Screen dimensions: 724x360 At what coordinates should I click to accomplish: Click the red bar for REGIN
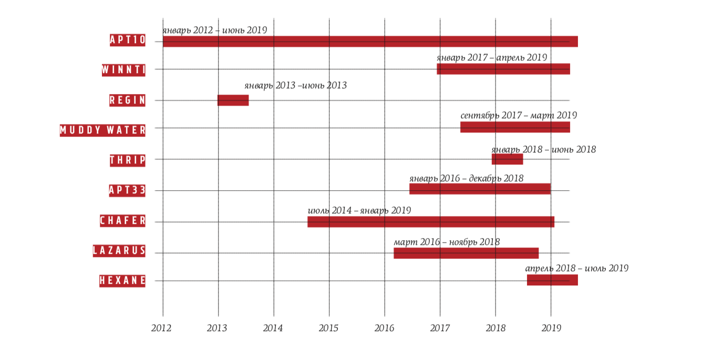click(x=233, y=100)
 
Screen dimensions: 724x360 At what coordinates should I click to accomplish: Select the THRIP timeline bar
click(x=508, y=159)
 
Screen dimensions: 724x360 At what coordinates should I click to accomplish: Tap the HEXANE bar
click(x=552, y=280)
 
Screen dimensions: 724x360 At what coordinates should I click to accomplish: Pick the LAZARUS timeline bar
click(x=466, y=253)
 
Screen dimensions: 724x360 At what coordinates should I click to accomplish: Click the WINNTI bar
click(x=503, y=69)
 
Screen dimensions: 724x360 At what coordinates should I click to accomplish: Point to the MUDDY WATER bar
click(x=515, y=127)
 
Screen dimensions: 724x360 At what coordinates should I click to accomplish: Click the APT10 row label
click(x=128, y=40)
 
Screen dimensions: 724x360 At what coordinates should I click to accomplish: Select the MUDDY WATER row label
click(x=103, y=130)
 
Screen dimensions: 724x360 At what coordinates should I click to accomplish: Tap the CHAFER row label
click(x=123, y=221)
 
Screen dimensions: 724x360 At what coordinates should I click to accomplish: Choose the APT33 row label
click(x=127, y=190)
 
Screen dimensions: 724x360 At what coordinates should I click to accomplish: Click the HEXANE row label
click(x=122, y=281)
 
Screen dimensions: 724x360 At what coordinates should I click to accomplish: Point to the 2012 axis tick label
click(x=161, y=328)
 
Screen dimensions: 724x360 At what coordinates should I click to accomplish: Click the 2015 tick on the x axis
click(x=329, y=328)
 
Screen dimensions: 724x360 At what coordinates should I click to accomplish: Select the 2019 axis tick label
click(x=552, y=328)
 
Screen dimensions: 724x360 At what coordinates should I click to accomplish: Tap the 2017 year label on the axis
click(x=440, y=328)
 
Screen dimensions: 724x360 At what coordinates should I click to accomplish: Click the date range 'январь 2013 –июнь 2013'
click(x=296, y=85)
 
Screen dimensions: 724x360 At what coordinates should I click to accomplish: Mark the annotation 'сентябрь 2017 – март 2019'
click(x=519, y=116)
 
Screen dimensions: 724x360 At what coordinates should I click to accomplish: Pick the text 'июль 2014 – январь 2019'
click(x=359, y=211)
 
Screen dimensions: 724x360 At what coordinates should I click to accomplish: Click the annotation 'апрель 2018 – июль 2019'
click(x=577, y=269)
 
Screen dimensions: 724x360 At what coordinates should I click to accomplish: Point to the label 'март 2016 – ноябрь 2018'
click(x=447, y=242)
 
